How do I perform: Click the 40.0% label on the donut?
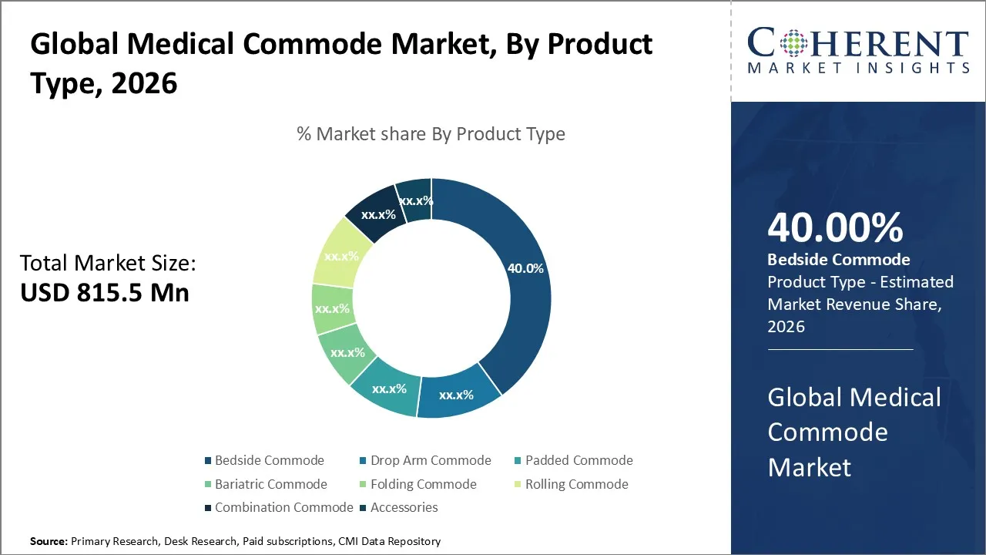click(525, 269)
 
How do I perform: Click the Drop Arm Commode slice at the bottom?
click(456, 394)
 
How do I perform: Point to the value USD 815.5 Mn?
click(104, 293)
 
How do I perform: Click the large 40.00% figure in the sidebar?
click(835, 228)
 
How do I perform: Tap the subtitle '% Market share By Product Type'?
click(431, 134)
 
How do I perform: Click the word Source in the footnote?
click(49, 542)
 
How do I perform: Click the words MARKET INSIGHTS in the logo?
click(858, 69)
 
